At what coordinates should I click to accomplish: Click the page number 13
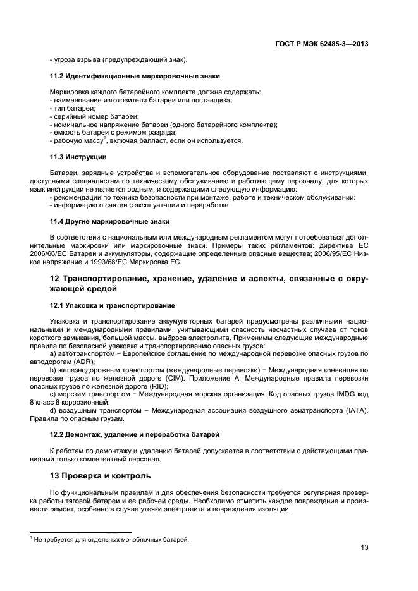pyautogui.click(x=364, y=548)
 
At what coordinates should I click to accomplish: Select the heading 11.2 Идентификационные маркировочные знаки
pyautogui.click(x=135, y=76)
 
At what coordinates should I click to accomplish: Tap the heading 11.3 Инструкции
pyautogui.click(x=78, y=157)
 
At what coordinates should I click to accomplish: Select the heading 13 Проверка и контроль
pyautogui.click(x=101, y=475)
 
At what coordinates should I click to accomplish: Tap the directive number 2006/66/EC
pyautogui.click(x=68, y=254)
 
